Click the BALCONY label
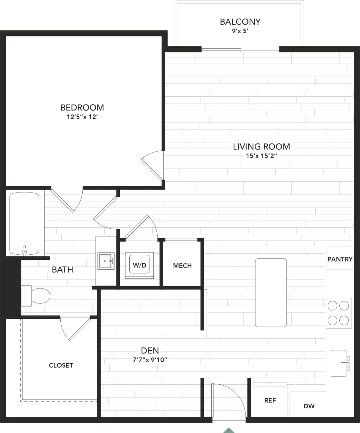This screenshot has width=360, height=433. coord(240,22)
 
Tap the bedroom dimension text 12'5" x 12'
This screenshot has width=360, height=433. coord(82,117)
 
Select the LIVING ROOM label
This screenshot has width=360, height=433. coord(261,146)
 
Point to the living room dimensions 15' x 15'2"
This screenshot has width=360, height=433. coord(261,156)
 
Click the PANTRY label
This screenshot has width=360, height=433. coord(340,259)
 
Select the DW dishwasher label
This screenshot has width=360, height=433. coord(309,406)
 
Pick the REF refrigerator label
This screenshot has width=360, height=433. coord(270,401)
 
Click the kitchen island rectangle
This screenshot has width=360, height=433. coord(271,293)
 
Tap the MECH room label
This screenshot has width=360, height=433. coord(182,266)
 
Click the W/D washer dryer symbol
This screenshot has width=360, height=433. coord(139,265)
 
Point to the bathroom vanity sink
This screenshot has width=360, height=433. coord(106,261)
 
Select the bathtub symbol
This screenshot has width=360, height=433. coord(24,224)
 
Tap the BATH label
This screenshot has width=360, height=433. coord(62,270)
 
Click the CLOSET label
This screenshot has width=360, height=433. coord(61,365)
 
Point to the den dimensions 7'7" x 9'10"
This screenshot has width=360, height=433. coord(150,360)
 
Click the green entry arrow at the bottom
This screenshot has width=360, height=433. coord(229,430)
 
